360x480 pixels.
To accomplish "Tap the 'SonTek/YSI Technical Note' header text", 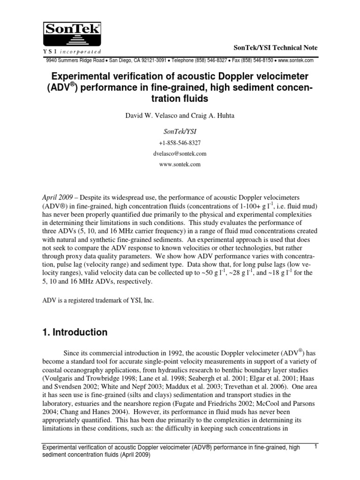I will tap(276, 48).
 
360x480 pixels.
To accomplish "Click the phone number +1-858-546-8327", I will tap(180, 143).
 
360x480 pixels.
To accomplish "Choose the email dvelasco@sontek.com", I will tap(180, 154).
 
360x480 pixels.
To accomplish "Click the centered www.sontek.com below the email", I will tap(180, 165).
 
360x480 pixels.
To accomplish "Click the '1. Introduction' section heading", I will tap(75, 332).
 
